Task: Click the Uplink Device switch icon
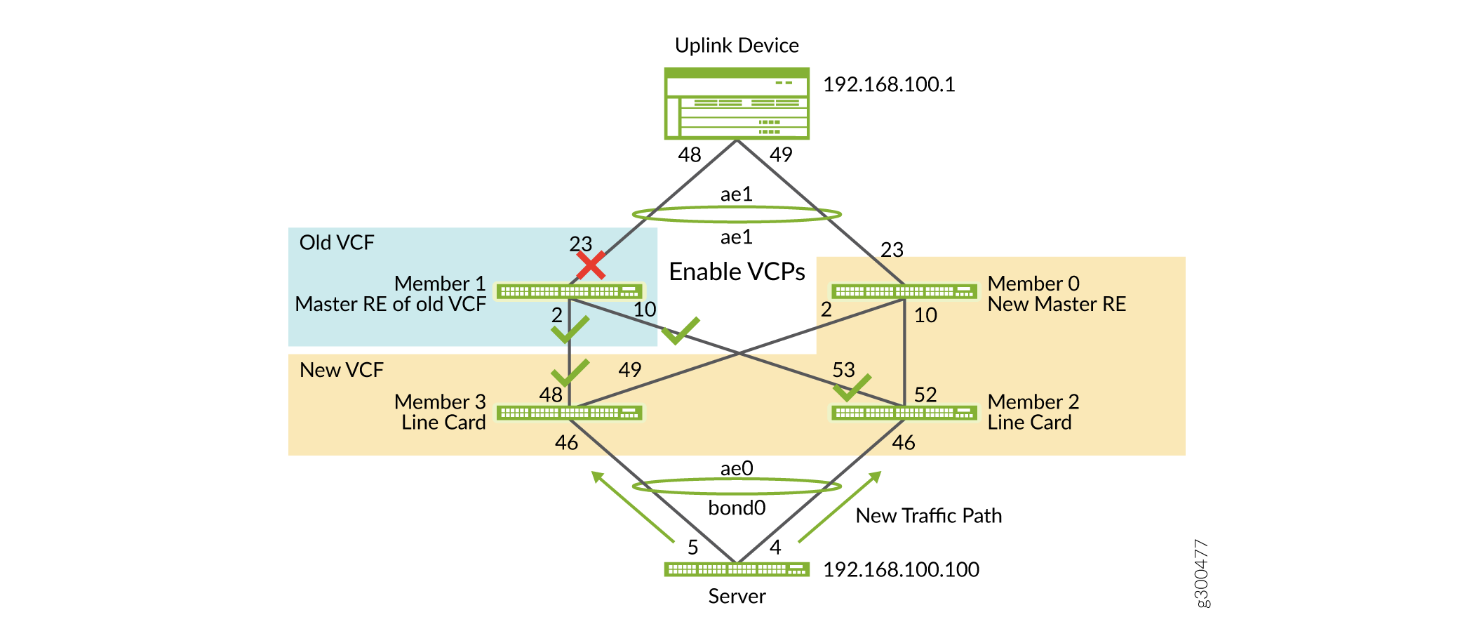click(x=737, y=103)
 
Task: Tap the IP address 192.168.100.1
click(x=888, y=85)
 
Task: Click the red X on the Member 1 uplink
click(x=591, y=265)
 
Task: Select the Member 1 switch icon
click(x=569, y=291)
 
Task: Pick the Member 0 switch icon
click(x=904, y=291)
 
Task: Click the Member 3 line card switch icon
click(x=569, y=413)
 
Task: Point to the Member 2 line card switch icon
click(x=904, y=413)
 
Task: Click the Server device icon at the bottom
click(x=737, y=569)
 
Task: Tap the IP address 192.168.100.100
click(x=901, y=569)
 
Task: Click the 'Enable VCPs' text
click(x=737, y=272)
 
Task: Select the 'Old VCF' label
click(x=337, y=243)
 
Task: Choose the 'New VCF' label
click(x=341, y=370)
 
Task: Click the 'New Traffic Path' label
click(x=928, y=516)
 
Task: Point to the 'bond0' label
click(x=737, y=508)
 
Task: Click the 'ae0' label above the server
click(x=737, y=468)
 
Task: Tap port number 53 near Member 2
click(x=843, y=370)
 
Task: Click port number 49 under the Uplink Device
click(x=781, y=154)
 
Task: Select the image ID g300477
click(x=1201, y=574)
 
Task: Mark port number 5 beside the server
click(x=692, y=548)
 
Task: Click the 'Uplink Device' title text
click(x=737, y=46)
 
